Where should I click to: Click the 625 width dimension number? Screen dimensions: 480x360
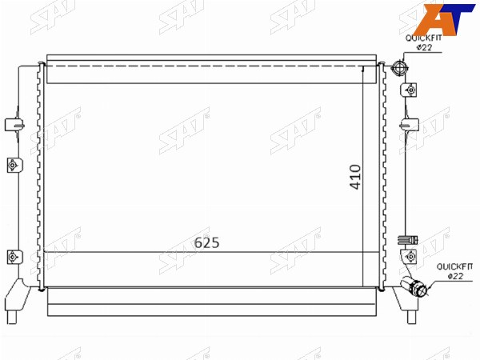207,242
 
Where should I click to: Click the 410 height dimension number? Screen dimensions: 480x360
356,177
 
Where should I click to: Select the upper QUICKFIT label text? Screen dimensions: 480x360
424,38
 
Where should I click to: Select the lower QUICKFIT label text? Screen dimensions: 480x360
454,266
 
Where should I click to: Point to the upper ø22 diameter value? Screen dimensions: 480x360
424,47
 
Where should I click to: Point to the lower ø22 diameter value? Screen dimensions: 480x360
455,276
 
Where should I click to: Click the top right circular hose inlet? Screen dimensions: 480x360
399,68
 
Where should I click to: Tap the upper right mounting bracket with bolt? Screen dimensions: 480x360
409,90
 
